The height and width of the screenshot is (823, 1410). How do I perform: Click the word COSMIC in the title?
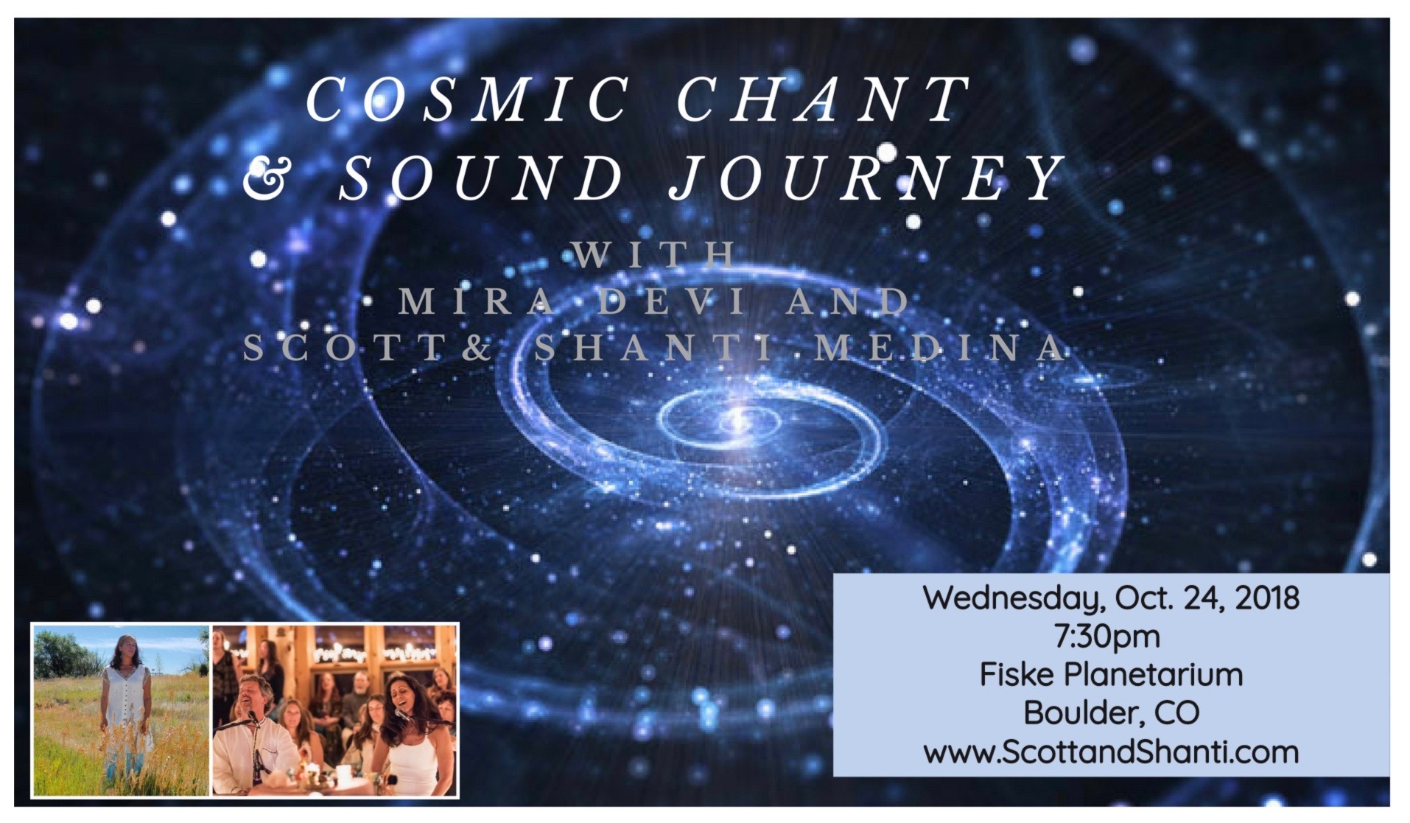click(467, 100)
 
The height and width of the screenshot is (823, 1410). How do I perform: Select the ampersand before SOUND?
click(264, 179)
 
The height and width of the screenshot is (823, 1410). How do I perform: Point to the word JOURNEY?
click(866, 179)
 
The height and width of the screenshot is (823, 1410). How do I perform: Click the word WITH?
click(655, 255)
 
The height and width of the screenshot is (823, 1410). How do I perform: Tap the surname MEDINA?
click(940, 348)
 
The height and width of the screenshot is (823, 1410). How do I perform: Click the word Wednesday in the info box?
click(1014, 598)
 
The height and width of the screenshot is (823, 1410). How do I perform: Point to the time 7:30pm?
click(1107, 637)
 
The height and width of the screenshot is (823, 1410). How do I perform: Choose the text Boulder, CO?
click(1112, 713)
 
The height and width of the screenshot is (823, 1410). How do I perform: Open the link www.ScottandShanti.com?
click(1111, 752)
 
